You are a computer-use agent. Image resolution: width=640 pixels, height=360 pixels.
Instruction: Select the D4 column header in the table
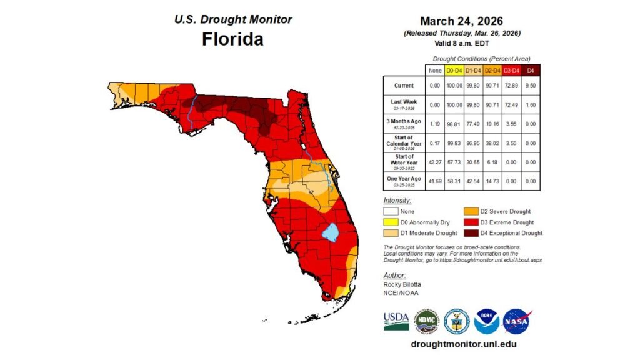531,70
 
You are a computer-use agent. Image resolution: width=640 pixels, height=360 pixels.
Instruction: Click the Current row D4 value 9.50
531,85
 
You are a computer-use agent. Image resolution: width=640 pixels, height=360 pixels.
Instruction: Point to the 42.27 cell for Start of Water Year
435,161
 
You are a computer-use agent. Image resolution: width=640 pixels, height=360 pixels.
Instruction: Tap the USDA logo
396,321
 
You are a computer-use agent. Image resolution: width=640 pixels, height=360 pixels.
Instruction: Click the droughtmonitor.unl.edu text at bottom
463,344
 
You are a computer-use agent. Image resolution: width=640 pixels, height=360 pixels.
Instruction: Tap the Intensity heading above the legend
397,201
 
